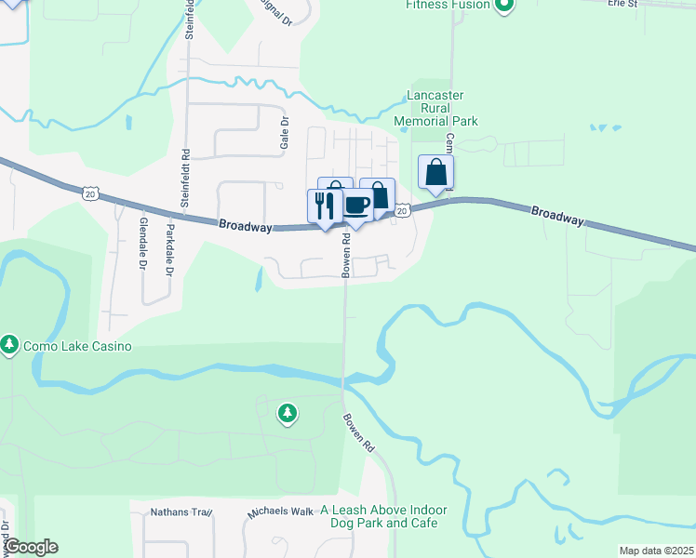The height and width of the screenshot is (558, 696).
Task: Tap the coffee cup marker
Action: tap(355, 205)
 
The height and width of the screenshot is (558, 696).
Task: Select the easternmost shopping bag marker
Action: tap(435, 173)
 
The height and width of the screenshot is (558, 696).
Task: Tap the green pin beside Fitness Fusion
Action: tap(503, 7)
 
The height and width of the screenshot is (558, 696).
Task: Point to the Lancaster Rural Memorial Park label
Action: tap(435, 108)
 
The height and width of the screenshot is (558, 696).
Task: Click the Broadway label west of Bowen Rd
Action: tap(247, 226)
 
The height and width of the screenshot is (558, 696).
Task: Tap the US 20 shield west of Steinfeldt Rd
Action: tap(89, 192)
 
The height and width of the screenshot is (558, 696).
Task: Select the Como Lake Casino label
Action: tap(78, 346)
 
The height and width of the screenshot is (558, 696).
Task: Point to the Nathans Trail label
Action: tap(182, 512)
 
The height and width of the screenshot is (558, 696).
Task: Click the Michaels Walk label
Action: tap(280, 512)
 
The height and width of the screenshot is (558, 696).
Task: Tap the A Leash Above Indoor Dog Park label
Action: tap(384, 516)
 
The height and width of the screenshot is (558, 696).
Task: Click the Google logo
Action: tap(31, 547)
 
